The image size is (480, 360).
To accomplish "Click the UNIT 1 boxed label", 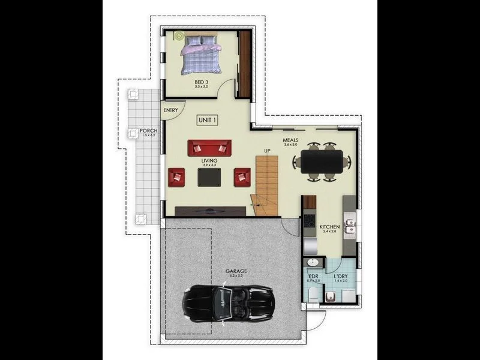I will (207, 120).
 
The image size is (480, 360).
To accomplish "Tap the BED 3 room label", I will (200, 82).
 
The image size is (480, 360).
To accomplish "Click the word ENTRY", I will (170, 110).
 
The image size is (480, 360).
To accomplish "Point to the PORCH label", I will (148, 131).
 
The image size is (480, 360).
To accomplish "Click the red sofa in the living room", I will (209, 148).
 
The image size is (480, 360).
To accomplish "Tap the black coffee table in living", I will (209, 176).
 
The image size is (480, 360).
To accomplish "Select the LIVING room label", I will (209, 161).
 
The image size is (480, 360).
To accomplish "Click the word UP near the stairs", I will (267, 151).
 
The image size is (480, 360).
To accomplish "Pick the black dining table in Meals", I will (322, 161).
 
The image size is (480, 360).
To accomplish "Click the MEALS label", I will (291, 140).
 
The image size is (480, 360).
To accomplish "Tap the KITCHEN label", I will (330, 227).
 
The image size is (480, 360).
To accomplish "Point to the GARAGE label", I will (236, 271).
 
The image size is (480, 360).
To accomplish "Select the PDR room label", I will (313, 277).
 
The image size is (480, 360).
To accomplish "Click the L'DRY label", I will (341, 277).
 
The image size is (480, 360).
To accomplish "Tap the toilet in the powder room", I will (313, 293).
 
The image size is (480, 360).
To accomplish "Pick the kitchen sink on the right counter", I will (352, 227).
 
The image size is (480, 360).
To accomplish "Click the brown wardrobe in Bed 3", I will (244, 63).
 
